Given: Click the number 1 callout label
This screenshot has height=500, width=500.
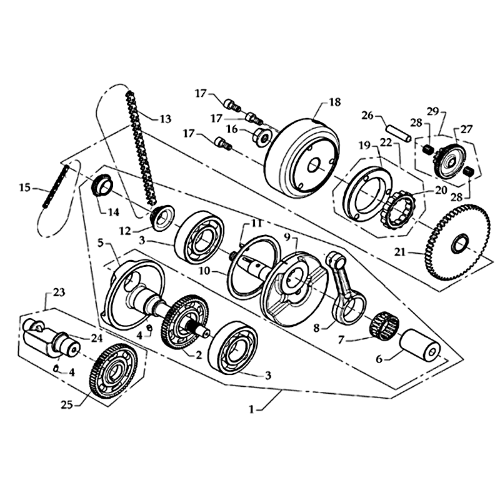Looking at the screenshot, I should point(252,409).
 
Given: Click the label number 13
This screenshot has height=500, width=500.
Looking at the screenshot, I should point(165,118).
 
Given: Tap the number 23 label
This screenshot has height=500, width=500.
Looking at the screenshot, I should point(59,291).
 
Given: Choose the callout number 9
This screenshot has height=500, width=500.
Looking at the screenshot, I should point(287,237).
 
